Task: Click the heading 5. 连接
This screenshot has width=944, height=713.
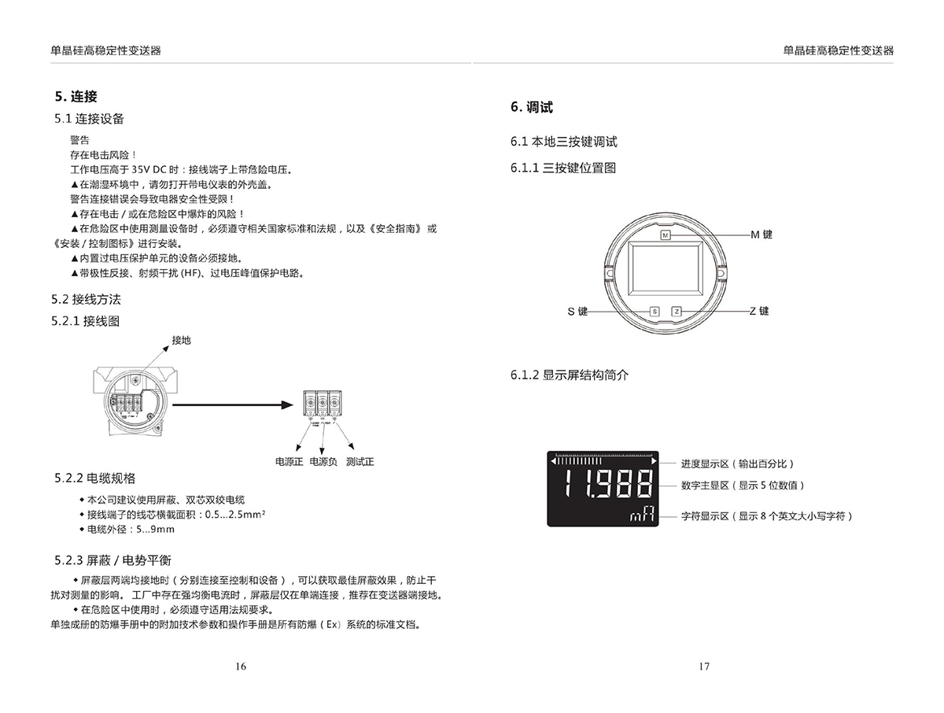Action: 76,96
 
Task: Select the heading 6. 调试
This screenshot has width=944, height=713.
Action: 532,107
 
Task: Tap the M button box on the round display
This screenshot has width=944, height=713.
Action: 665,235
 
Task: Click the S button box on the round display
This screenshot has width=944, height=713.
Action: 655,312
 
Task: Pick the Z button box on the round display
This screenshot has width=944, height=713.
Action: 677,312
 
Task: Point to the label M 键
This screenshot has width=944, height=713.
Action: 761,235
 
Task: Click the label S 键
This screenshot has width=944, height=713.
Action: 577,312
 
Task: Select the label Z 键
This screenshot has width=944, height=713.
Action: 759,311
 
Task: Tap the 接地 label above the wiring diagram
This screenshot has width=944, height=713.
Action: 181,341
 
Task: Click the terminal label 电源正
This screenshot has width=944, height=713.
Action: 289,462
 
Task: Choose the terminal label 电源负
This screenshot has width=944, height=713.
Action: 323,462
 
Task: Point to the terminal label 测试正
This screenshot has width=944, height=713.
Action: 360,462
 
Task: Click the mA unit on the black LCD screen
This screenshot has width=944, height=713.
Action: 643,514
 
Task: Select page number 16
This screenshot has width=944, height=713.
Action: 241,667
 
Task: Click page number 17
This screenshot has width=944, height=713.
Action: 704,667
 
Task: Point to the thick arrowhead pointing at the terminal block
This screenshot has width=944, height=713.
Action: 287,405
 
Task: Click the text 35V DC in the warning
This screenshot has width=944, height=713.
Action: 149,170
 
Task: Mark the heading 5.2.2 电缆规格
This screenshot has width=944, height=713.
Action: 94,478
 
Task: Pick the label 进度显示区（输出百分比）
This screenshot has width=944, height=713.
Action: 737,464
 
